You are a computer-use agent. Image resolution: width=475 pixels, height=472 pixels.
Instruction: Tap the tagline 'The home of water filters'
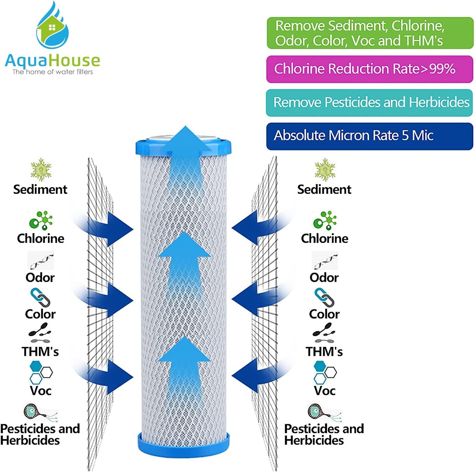tap(53, 72)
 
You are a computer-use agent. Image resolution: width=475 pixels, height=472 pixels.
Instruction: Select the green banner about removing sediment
tap(370, 33)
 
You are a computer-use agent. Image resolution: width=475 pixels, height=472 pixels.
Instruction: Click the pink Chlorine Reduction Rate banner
tap(369, 69)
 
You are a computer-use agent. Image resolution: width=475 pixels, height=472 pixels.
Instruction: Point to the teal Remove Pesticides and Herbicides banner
tap(369, 102)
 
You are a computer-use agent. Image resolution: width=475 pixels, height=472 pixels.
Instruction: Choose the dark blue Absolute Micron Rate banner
tap(369, 136)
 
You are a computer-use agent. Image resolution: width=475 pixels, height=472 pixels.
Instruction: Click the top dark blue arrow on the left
tap(111, 229)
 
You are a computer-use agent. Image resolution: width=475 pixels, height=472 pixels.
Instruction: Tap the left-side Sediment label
tap(40, 190)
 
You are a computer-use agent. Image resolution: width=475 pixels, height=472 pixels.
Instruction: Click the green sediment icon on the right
tap(324, 170)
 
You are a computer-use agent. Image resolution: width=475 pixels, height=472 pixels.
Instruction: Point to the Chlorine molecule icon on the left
tap(41, 221)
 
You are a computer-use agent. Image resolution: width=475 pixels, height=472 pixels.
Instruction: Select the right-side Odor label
tap(324, 278)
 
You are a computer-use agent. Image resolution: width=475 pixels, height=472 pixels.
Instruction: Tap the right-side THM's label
tap(324, 352)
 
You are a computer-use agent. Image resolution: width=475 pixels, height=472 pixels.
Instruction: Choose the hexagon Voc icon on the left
tap(40, 373)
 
